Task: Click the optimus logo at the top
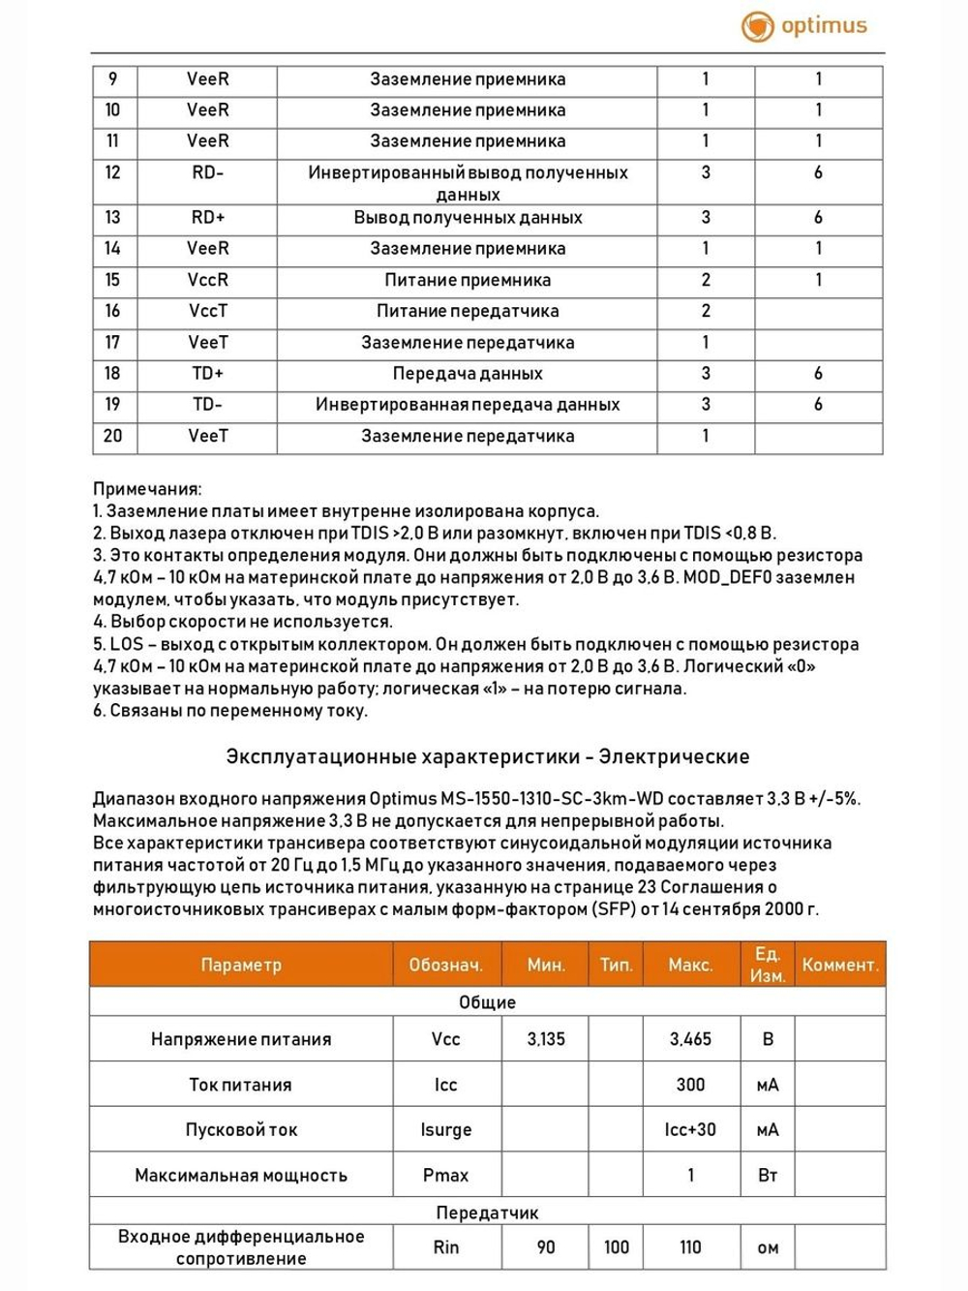(x=804, y=26)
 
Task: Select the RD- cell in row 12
(x=207, y=172)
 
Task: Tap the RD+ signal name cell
(x=207, y=218)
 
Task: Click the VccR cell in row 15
(x=207, y=280)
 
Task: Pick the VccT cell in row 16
(x=207, y=311)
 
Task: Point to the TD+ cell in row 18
(x=207, y=373)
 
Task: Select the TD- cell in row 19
(x=207, y=405)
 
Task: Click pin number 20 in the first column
(x=113, y=436)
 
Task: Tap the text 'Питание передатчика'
(x=468, y=311)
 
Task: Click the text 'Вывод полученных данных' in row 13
(x=468, y=218)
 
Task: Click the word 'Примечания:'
(x=147, y=489)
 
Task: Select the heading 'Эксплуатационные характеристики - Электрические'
(x=487, y=756)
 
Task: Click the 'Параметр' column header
(x=241, y=965)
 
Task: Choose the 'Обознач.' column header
(x=445, y=965)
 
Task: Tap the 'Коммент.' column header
(x=839, y=965)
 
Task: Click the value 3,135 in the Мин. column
(x=546, y=1039)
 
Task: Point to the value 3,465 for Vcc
(x=690, y=1039)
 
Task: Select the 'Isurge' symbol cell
(x=445, y=1129)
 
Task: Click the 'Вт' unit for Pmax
(x=768, y=1175)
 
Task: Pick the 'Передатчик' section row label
(x=487, y=1213)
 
